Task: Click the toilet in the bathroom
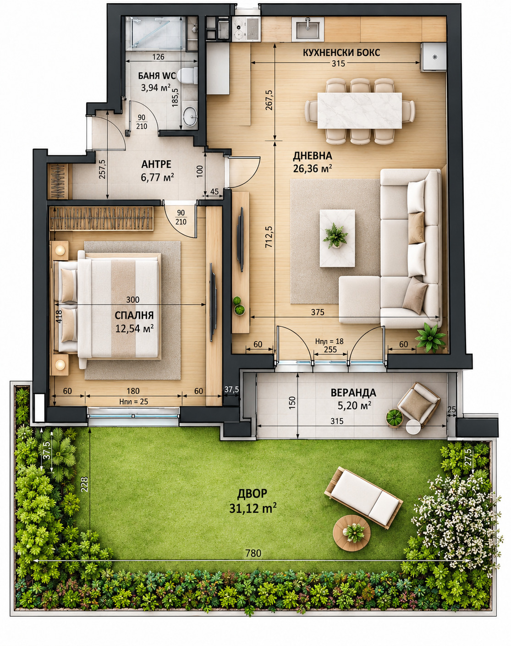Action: pos(187,75)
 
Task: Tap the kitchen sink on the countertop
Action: pos(308,29)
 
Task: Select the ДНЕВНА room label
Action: pos(312,155)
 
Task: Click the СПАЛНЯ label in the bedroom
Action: pos(134,315)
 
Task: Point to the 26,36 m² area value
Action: pos(312,169)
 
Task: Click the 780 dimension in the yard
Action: pos(253,553)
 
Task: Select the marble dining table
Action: pos(360,110)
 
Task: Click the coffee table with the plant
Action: pos(337,238)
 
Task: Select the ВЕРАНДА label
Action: pos(353,392)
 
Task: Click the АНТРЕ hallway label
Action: pos(156,164)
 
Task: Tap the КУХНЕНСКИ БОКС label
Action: pos(341,53)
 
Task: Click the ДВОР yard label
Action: pos(252,493)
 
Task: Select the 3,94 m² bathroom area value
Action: pos(155,88)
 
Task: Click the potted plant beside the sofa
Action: pos(430,337)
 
